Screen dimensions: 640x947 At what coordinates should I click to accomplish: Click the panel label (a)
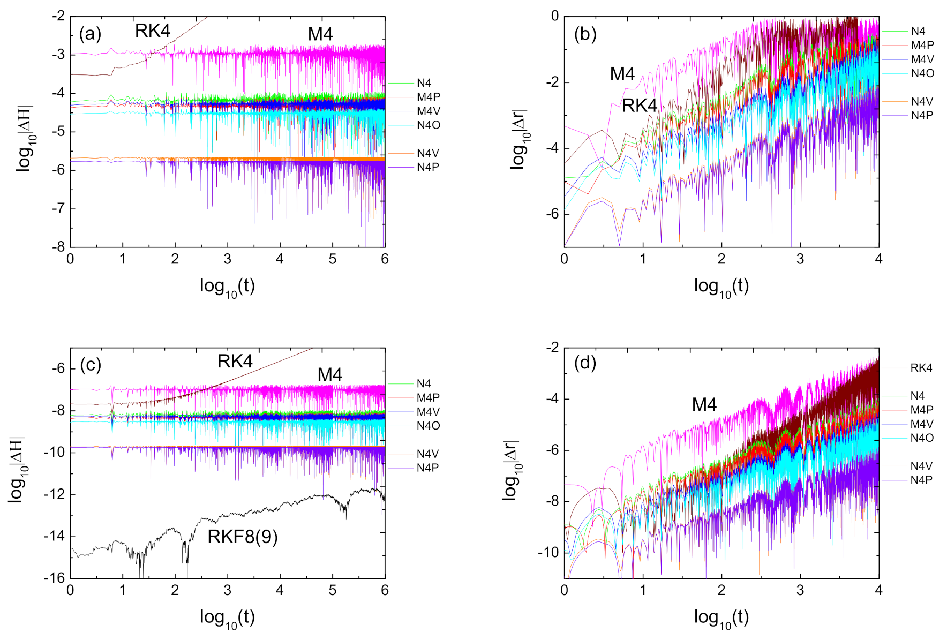click(90, 34)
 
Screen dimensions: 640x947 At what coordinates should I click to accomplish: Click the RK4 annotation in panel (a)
click(153, 31)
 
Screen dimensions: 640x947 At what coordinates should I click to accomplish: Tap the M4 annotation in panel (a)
click(320, 34)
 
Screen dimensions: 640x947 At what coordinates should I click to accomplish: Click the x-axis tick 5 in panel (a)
click(333, 259)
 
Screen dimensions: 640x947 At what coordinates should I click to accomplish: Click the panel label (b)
click(585, 34)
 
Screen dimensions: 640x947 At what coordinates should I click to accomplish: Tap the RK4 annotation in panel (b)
click(640, 106)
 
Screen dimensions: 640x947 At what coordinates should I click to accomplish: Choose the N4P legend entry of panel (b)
click(922, 115)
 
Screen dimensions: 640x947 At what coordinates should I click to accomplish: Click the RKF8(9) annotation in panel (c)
click(243, 536)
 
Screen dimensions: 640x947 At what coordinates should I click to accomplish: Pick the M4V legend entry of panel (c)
click(428, 412)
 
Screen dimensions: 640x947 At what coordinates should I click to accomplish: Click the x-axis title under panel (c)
click(227, 618)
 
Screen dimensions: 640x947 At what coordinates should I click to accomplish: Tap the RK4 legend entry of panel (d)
click(921, 368)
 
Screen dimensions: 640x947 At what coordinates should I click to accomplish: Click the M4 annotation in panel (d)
click(704, 404)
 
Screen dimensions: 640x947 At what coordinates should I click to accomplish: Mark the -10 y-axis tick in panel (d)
click(548, 552)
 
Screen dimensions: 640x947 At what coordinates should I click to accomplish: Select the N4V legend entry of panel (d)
click(921, 466)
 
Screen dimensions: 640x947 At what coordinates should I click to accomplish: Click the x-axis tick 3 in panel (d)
click(800, 590)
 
